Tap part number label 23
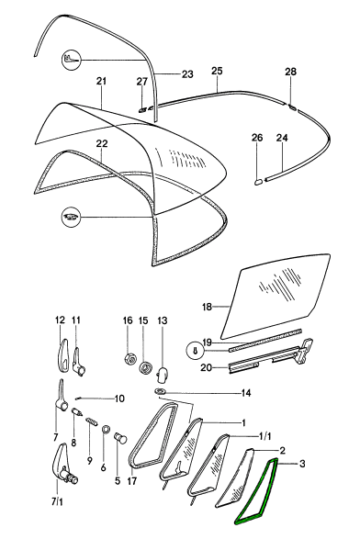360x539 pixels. point(187,74)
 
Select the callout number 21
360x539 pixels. point(101,82)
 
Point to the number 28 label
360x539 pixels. point(290,72)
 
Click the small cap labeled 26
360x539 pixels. point(259,181)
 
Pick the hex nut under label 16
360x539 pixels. point(128,360)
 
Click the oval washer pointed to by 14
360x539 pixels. point(160,391)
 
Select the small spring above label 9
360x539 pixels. point(91,421)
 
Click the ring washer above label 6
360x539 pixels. point(107,430)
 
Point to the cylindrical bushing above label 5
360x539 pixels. point(120,438)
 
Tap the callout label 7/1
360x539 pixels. point(58,502)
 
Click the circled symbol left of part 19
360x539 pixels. point(195,351)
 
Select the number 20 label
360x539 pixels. point(207,367)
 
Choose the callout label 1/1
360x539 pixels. point(264,436)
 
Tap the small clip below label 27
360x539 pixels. point(142,109)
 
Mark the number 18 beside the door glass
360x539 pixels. point(207,307)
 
